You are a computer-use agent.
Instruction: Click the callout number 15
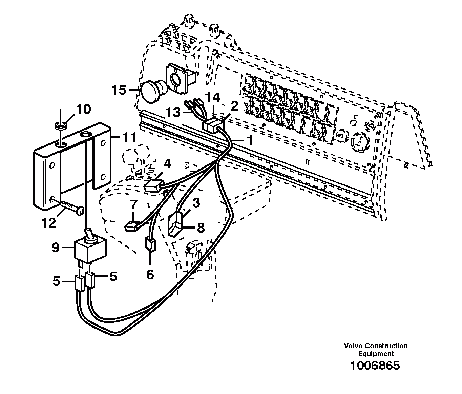119,90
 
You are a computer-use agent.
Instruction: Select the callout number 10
83,110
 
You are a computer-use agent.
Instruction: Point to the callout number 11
129,138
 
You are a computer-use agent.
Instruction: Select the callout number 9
56,248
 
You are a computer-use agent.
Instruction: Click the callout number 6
150,274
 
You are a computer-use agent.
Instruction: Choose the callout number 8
201,228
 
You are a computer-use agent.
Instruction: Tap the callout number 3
196,203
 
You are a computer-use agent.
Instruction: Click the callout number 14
213,98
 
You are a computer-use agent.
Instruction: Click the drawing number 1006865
375,366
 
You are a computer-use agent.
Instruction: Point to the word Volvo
352,346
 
